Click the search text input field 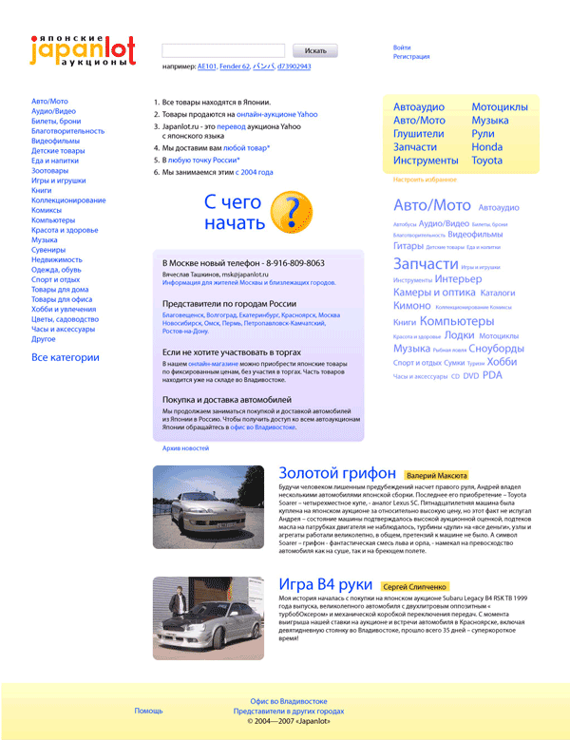tap(223, 50)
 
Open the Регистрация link tap(410, 57)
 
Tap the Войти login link tap(402, 47)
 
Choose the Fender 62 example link tap(234, 67)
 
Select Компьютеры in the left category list tap(54, 219)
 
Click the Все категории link tap(65, 357)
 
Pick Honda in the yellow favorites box tap(486, 147)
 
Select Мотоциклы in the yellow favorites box tap(499, 107)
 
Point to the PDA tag tap(492, 375)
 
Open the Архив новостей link tap(185, 447)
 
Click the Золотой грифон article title tap(337, 473)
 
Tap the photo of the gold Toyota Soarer tap(208, 506)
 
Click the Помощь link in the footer tap(148, 711)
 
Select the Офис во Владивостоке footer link tap(289, 700)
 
